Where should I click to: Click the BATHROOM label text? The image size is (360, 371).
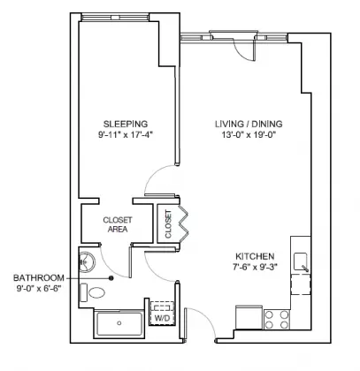click(38, 276)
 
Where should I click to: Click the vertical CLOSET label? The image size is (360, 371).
click(167, 224)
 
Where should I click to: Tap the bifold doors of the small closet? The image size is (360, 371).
click(184, 224)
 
